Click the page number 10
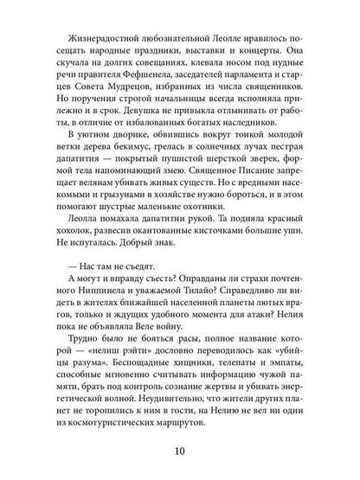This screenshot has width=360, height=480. point(181,451)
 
